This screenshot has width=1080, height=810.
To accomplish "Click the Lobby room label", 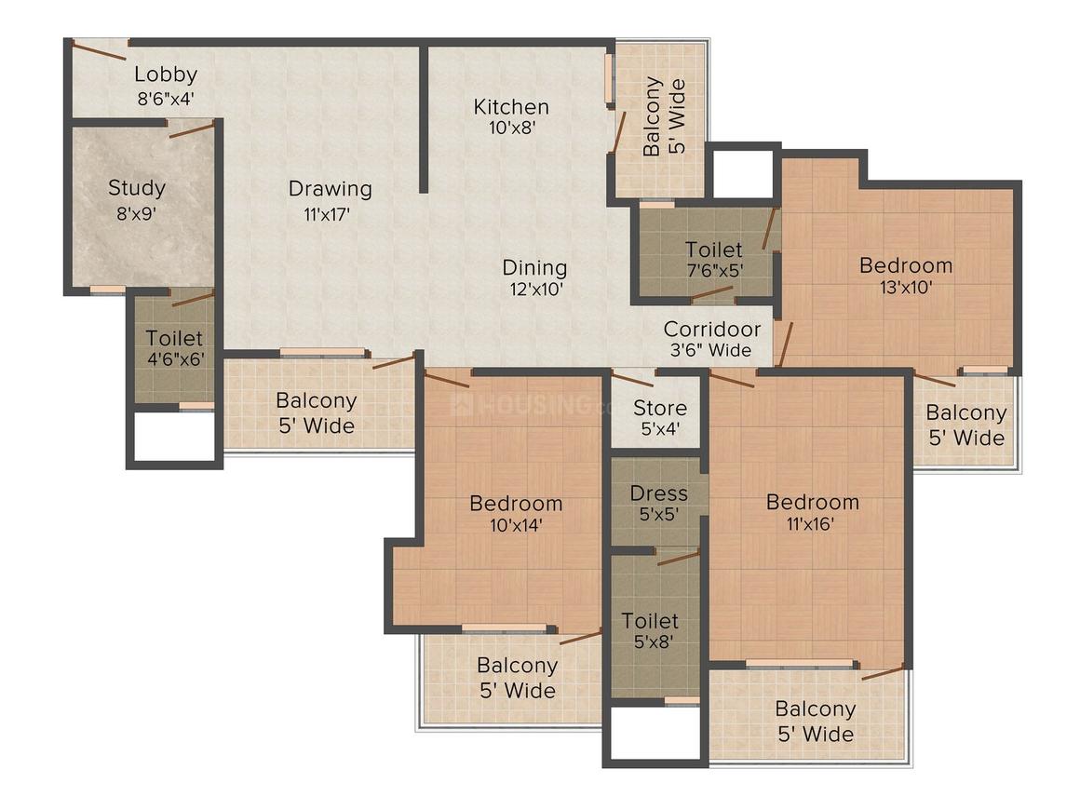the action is (x=166, y=74).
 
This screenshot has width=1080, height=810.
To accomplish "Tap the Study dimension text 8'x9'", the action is (x=136, y=213).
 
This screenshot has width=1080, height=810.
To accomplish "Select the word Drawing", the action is (x=330, y=189).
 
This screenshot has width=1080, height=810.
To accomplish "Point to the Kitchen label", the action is (x=511, y=107).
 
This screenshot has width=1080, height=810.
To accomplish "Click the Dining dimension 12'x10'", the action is (x=536, y=289).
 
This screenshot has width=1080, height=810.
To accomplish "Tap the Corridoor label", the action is (x=712, y=329).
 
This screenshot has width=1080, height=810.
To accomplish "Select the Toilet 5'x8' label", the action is (x=650, y=631).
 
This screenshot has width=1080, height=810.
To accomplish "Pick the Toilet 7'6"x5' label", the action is (x=713, y=260).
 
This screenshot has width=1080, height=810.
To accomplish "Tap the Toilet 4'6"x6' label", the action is (x=174, y=348).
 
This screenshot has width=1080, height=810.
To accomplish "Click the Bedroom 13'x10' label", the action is (x=906, y=276).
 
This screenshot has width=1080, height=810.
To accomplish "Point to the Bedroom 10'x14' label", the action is (x=516, y=514).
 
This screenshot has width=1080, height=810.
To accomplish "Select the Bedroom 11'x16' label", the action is (x=812, y=512).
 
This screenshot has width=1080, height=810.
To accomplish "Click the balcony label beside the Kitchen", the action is (x=664, y=115).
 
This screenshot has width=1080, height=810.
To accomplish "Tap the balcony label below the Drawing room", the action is (x=317, y=412).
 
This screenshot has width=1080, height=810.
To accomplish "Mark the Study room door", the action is (x=192, y=128).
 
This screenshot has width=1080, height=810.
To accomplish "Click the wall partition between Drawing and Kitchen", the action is (x=424, y=118).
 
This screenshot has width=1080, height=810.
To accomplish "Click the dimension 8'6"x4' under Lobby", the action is (x=166, y=99).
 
